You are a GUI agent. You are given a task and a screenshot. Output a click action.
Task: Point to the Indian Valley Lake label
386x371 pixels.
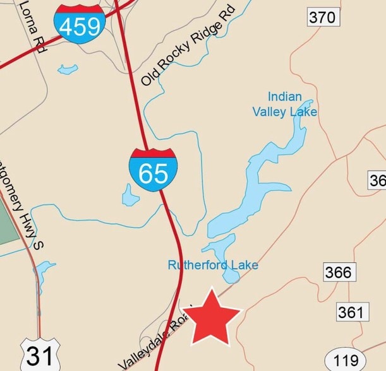(x=285, y=105)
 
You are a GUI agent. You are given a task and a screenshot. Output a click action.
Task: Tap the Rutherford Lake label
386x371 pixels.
(x=213, y=265)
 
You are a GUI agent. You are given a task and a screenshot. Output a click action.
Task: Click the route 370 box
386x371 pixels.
(x=322, y=17)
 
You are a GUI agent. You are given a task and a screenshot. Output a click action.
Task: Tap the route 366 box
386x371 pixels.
(x=338, y=272)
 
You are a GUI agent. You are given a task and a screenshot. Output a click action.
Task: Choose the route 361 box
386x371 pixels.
(x=351, y=311)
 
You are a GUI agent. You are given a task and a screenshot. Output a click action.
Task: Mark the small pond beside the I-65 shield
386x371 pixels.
(x=130, y=196)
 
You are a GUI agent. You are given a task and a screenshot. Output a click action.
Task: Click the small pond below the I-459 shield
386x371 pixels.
(x=68, y=69)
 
